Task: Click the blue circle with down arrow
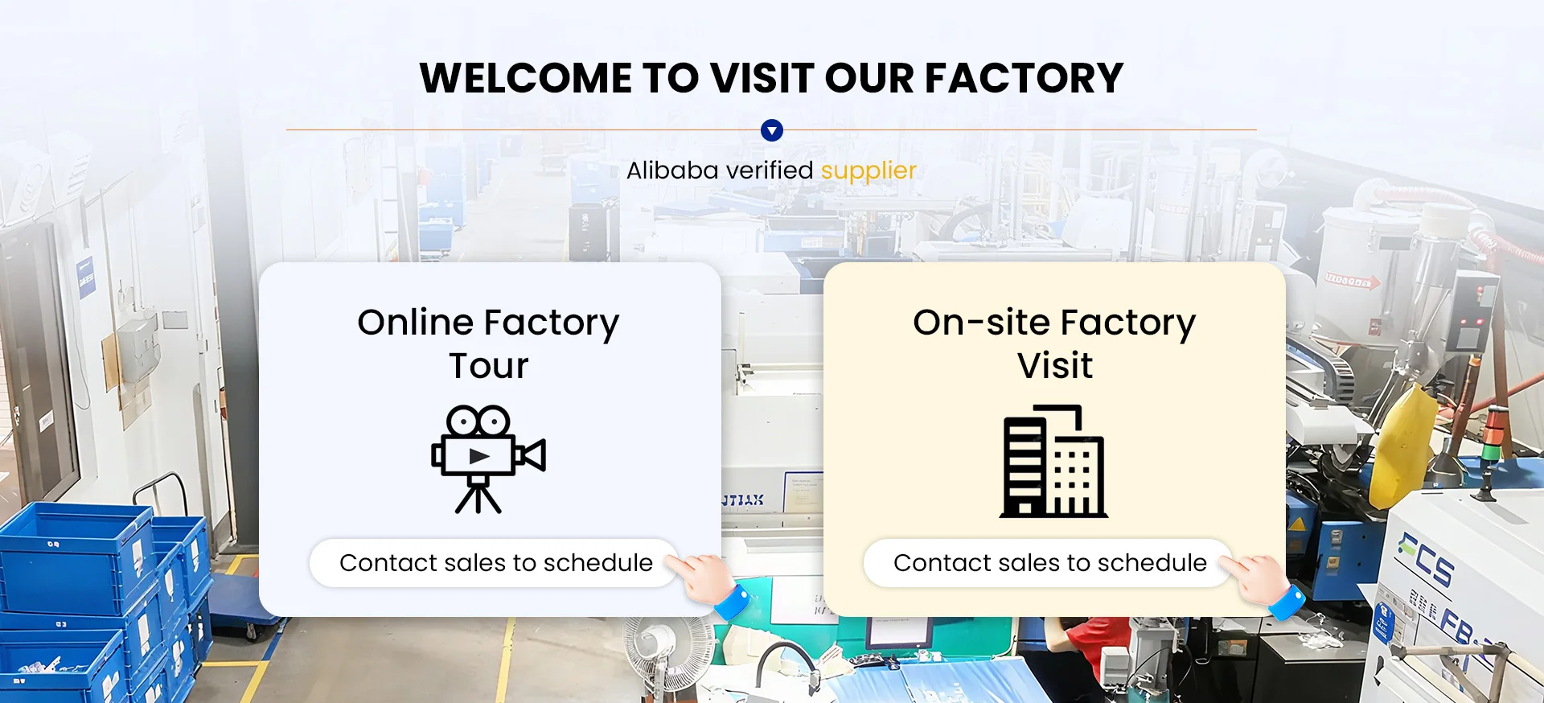click(772, 130)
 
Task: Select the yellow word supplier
click(868, 171)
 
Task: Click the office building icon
click(1053, 462)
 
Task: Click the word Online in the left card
click(416, 323)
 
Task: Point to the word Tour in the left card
click(489, 366)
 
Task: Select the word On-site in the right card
click(979, 323)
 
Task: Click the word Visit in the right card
click(1055, 366)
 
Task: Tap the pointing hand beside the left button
click(708, 583)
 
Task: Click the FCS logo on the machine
click(1425, 559)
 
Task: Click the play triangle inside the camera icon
click(479, 456)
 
